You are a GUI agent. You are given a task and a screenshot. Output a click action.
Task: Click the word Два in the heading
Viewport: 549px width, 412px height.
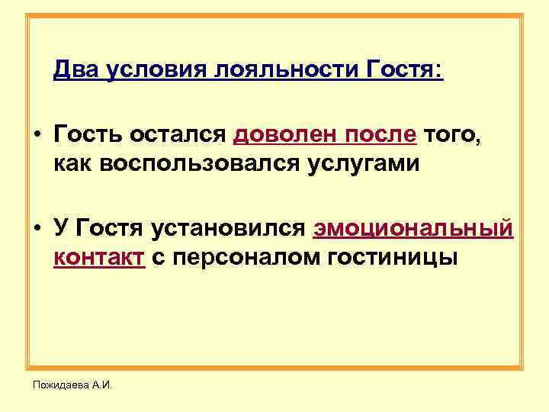(76, 71)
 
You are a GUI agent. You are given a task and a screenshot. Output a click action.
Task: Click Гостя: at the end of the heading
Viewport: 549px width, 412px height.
(404, 71)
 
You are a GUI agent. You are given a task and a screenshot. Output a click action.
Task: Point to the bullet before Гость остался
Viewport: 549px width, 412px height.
(37, 137)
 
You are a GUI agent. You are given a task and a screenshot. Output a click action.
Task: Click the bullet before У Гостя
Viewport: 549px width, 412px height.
(37, 229)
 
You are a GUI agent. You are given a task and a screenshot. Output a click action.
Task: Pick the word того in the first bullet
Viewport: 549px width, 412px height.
(457, 136)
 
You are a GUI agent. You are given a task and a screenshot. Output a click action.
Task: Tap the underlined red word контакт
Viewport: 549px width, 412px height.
(99, 257)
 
